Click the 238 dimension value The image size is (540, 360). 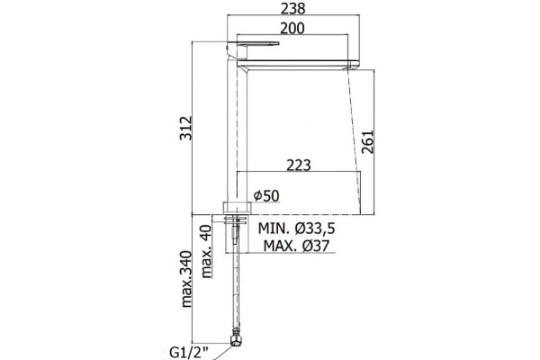coord(292,9)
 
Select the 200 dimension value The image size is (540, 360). coord(292,28)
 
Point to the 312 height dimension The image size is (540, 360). coord(186,128)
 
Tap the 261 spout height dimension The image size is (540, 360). coord(367,141)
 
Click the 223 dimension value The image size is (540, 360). coord(299,166)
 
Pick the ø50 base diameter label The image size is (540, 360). coord(266,195)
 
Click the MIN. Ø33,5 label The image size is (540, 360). coord(296,228)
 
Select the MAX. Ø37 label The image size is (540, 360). coord(296,246)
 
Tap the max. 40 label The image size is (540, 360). coord(206,251)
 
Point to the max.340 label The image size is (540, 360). coord(186,279)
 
